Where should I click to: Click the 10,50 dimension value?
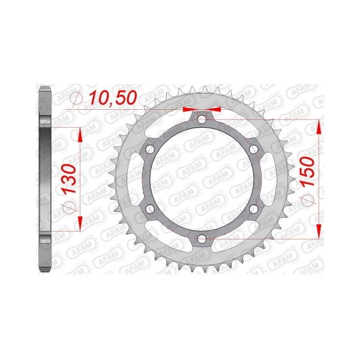tap(113, 98)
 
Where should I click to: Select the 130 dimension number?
tap(70, 179)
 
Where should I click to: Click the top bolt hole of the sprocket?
tap(202, 119)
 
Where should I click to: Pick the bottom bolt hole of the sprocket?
tap(202, 239)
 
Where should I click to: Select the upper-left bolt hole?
tap(150, 149)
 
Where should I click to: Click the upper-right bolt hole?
tap(254, 149)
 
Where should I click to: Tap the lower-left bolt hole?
tap(150, 209)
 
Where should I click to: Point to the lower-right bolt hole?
tap(254, 209)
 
